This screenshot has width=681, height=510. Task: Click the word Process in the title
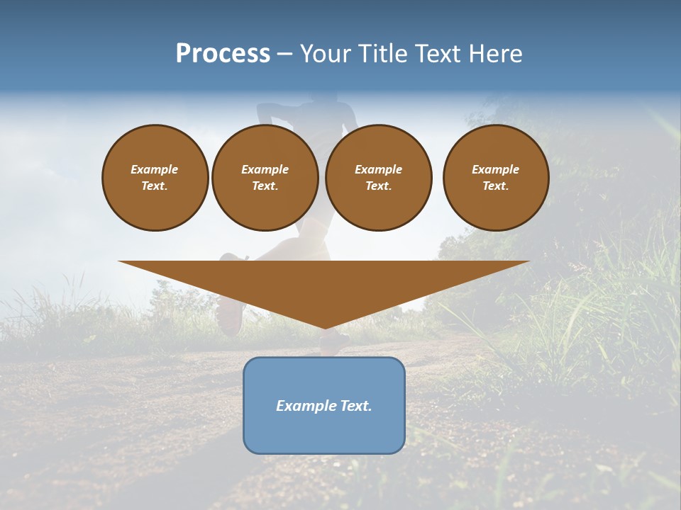223,54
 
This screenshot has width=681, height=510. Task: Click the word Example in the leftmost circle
155,169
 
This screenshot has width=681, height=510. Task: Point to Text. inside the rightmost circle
495,186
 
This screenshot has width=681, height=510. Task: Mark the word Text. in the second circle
265,186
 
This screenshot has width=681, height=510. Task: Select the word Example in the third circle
378,169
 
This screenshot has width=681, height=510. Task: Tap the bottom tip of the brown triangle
324,327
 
